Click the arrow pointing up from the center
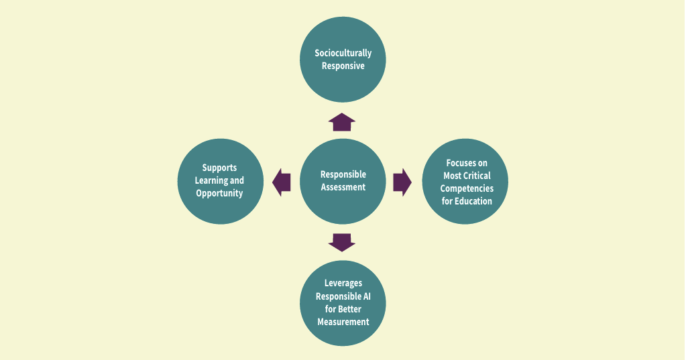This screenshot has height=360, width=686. coord(342,122)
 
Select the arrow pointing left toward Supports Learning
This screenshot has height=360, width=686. coord(282,182)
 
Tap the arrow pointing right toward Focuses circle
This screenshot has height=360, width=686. coord(402,182)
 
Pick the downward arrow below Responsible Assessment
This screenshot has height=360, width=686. coord(342,242)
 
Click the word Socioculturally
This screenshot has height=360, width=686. coord(343,54)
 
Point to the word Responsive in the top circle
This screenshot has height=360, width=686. coord(343,66)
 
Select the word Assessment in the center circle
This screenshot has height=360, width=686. coord(343,187)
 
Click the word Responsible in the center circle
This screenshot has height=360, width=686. coord(343,174)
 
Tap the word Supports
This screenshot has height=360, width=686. coord(219,168)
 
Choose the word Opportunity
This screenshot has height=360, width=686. coord(219,193)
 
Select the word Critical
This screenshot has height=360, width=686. coord(477,176)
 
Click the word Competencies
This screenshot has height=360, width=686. coord(466,188)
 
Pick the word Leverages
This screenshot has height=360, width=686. coord(343,284)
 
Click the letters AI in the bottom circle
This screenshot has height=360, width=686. coord(367,296)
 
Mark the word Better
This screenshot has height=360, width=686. coord(349,309)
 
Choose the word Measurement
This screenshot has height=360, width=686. coord(343,322)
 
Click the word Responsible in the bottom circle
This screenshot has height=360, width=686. coord(338,296)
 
